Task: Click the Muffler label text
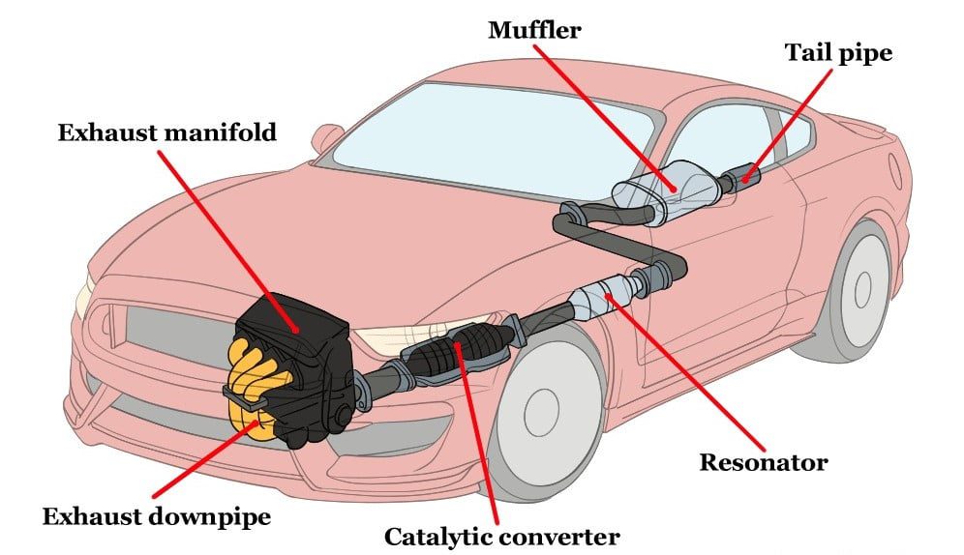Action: [x=534, y=29]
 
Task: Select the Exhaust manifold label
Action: [x=166, y=131]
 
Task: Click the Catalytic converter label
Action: [x=501, y=535]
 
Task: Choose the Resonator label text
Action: [x=764, y=462]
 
